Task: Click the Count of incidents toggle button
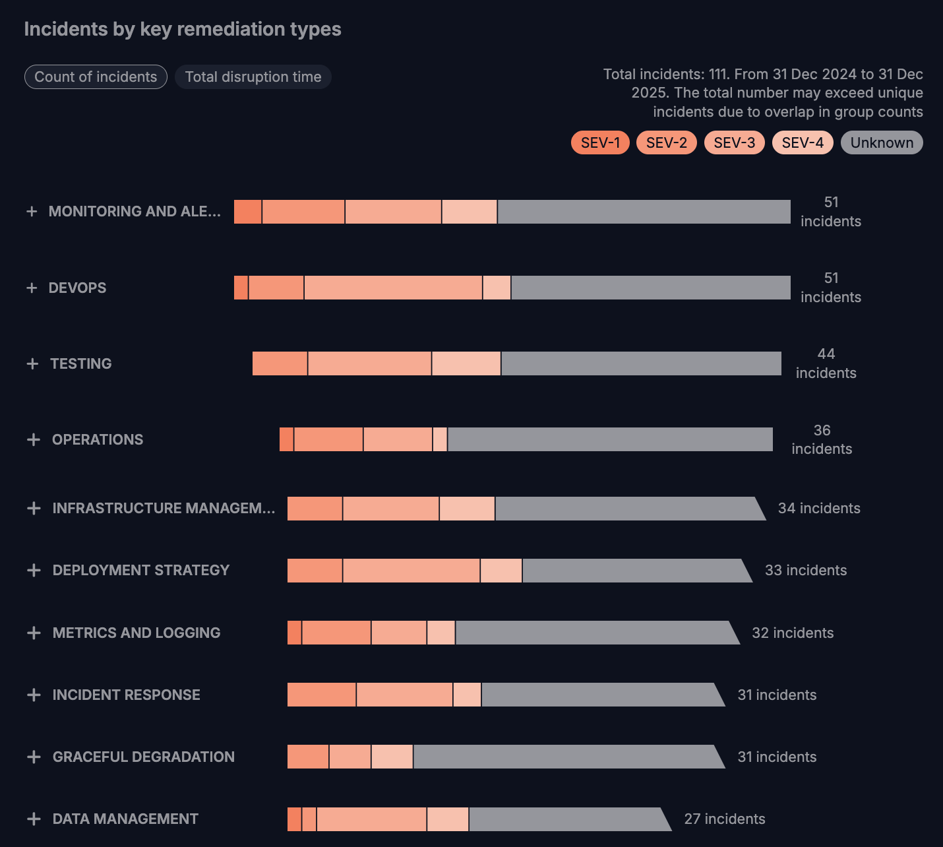(x=96, y=77)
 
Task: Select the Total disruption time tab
(x=253, y=77)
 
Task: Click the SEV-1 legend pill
(x=600, y=142)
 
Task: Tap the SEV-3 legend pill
(x=734, y=142)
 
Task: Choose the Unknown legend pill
(x=882, y=142)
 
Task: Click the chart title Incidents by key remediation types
(x=183, y=29)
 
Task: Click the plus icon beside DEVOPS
(x=32, y=288)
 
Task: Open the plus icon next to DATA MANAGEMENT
(x=34, y=819)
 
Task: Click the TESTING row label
(x=81, y=363)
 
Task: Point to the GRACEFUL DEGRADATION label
(x=143, y=757)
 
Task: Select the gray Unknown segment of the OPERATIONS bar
(x=610, y=439)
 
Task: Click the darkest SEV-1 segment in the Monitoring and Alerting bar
(x=248, y=212)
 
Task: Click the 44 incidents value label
(x=826, y=363)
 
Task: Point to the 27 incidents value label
(x=725, y=819)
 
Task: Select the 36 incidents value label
(x=822, y=439)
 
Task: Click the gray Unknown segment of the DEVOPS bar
(x=651, y=288)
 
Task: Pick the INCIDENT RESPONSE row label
(x=126, y=695)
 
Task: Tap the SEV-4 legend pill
(x=803, y=142)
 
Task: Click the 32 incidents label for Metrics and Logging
(x=793, y=633)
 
